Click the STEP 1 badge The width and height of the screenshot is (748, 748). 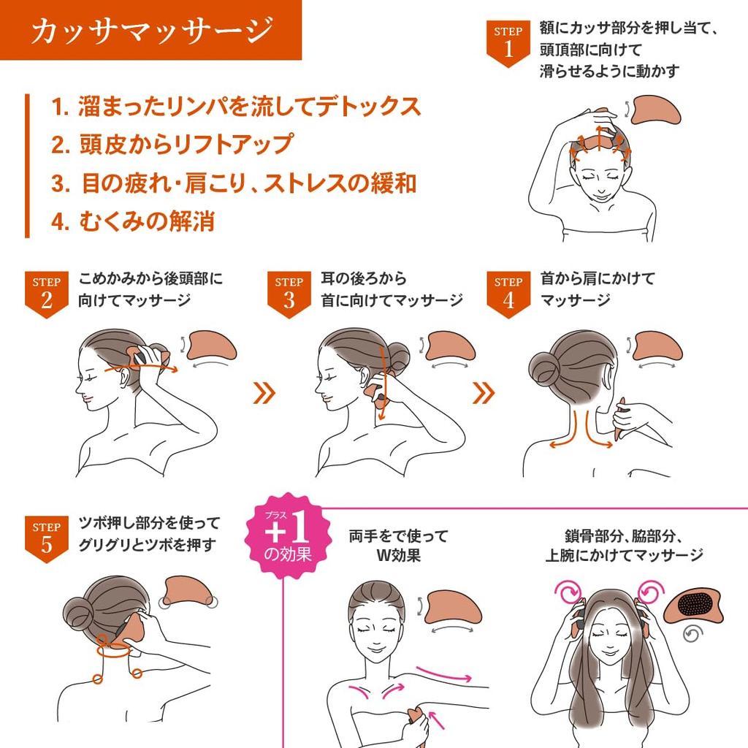click(x=508, y=42)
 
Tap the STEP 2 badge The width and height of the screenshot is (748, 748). click(x=46, y=294)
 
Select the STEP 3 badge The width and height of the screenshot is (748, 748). click(x=289, y=294)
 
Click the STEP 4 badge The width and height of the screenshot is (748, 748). click(x=508, y=294)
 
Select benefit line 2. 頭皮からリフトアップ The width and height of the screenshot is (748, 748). click(x=172, y=144)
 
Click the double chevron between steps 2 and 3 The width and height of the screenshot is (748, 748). click(x=264, y=394)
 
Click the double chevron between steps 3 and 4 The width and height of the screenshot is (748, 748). click(x=484, y=394)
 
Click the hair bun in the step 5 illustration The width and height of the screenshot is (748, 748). click(x=78, y=608)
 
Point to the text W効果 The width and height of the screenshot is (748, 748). click(x=398, y=554)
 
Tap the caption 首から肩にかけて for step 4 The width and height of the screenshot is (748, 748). click(x=598, y=278)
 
